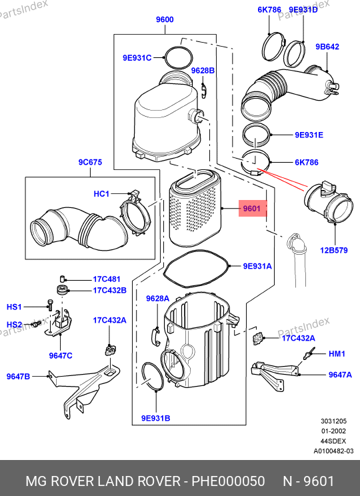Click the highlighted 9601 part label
252,209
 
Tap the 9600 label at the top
165,19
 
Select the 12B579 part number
334,250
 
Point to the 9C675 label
90,162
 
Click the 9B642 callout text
327,47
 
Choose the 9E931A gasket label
257,266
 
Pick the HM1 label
337,353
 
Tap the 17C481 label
107,279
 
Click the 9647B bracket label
19,376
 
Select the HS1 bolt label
14,307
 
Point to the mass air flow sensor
329,203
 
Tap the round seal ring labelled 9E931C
178,57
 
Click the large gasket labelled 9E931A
196,269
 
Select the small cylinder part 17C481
62,279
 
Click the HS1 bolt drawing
50,305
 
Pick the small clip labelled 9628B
204,90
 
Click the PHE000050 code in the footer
228,481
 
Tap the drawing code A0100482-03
333,451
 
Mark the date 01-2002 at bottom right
333,431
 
